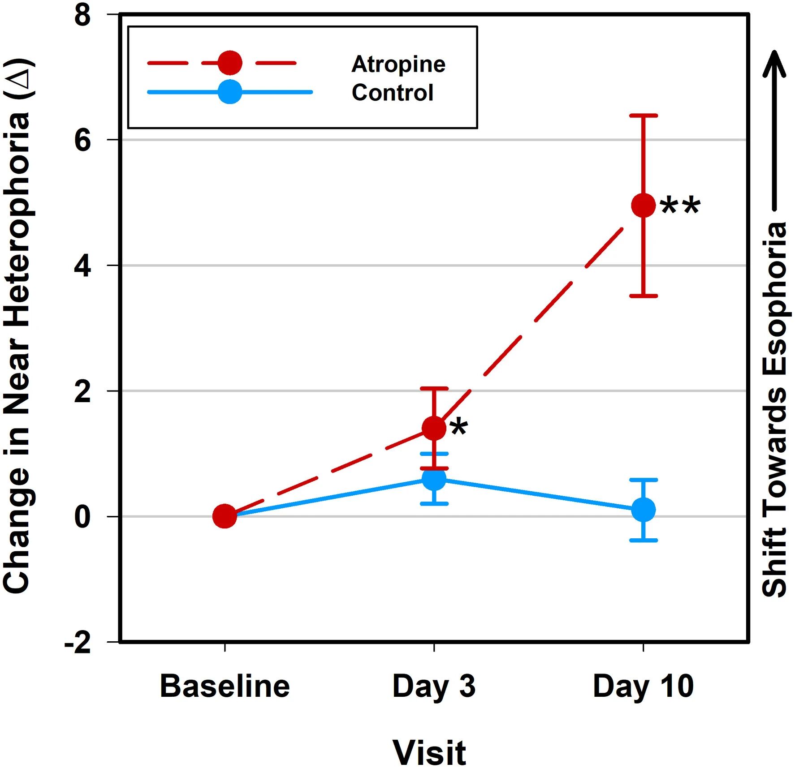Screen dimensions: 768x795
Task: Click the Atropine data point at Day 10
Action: point(643,206)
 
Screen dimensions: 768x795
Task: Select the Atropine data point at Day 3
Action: point(434,428)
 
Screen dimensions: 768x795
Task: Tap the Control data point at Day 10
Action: point(643,510)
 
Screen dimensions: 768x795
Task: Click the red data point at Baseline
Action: point(225,516)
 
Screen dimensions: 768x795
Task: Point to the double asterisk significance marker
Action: point(680,206)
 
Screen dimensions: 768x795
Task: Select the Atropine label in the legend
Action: point(398,64)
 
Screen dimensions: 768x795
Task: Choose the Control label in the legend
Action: point(392,93)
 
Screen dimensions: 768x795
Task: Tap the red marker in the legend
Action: point(230,63)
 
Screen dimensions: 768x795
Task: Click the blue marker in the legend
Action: point(230,92)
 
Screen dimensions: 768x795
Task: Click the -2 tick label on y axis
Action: point(78,644)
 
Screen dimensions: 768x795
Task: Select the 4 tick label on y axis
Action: point(83,266)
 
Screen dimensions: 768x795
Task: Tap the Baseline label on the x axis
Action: point(225,686)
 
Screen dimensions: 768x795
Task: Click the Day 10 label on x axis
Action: point(643,686)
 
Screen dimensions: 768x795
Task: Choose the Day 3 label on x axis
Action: point(434,686)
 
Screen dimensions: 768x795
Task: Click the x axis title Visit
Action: point(429,752)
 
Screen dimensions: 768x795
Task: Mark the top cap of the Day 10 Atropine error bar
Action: point(643,116)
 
